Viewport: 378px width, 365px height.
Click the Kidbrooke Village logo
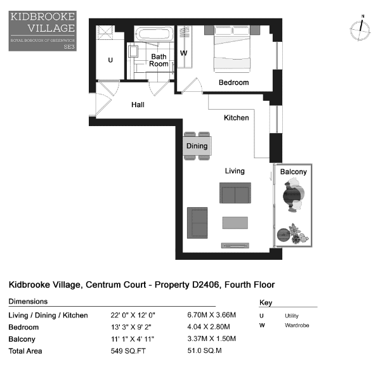(x=42, y=31)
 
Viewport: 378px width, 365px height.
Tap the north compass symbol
(x=360, y=29)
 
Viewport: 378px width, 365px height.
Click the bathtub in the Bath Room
(x=154, y=34)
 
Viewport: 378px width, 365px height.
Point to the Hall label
(x=138, y=105)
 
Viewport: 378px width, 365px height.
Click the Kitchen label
(x=236, y=118)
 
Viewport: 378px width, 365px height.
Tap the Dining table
(x=197, y=146)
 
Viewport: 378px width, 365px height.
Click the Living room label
(x=235, y=171)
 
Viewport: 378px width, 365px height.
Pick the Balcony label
(x=294, y=172)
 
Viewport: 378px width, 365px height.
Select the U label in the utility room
(x=110, y=60)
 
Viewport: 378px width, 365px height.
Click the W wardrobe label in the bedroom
(x=184, y=53)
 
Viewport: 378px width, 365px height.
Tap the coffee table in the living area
(x=235, y=222)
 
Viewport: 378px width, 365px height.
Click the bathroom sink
(x=133, y=51)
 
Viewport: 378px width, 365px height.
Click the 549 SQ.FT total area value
(x=128, y=351)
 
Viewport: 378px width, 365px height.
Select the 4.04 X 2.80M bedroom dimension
(x=209, y=327)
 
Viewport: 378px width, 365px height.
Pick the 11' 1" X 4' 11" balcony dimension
(x=133, y=339)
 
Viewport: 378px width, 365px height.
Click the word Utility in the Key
(x=292, y=316)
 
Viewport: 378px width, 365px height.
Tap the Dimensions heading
(x=28, y=302)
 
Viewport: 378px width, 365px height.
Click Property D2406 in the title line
(x=187, y=285)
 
